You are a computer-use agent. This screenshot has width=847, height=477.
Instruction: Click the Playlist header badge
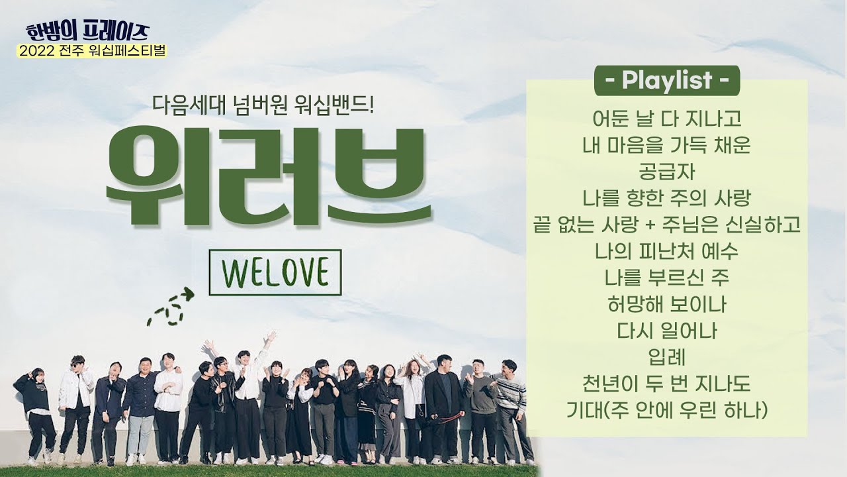point(666,81)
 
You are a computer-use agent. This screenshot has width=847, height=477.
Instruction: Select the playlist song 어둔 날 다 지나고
point(666,119)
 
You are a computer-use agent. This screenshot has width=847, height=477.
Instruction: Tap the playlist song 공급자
point(666,172)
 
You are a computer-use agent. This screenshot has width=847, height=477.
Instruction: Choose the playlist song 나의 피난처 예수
point(666,252)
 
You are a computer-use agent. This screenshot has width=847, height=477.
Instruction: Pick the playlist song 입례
point(666,358)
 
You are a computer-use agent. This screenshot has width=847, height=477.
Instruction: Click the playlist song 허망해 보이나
point(666,305)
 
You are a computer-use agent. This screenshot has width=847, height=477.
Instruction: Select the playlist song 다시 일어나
point(666,331)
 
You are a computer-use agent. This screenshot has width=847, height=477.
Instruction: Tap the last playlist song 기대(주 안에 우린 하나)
point(666,411)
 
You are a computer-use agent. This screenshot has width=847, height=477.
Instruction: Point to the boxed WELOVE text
point(275,272)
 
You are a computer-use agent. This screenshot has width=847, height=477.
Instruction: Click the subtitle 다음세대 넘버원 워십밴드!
point(263,104)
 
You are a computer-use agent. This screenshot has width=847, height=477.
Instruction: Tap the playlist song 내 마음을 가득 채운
point(666,145)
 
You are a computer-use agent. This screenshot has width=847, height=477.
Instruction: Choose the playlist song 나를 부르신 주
point(666,278)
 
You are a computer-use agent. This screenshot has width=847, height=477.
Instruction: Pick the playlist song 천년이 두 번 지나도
point(666,384)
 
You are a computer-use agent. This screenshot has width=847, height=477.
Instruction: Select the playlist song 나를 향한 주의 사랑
point(666,199)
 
